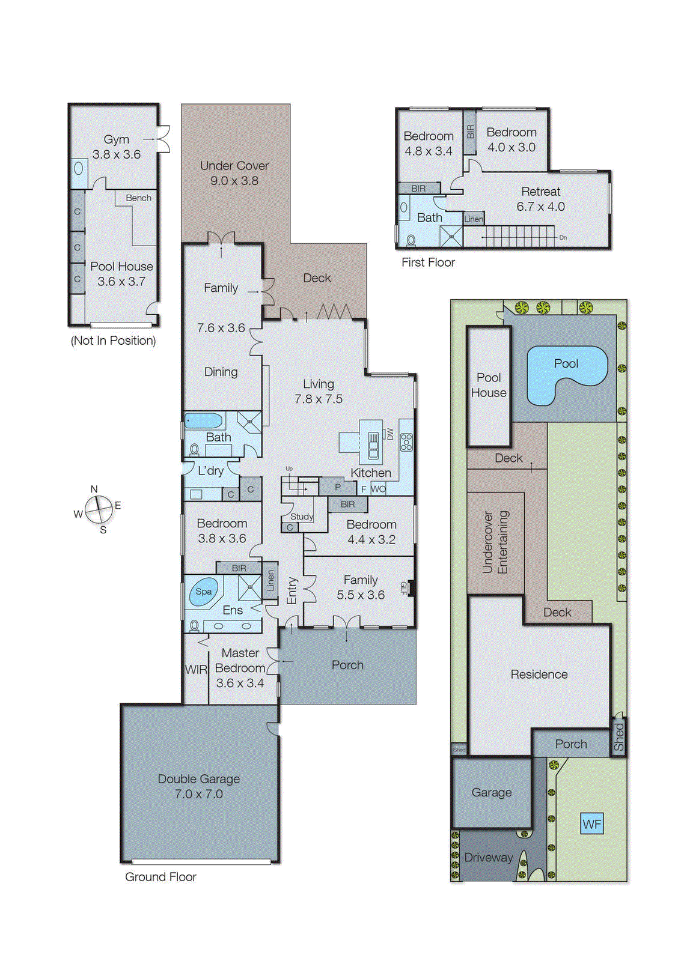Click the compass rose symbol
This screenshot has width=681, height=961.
[x=99, y=509]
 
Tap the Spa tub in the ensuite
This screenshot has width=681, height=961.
[x=203, y=592]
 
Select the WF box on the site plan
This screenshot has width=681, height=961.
[x=591, y=823]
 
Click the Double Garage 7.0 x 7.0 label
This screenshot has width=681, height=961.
[x=199, y=786]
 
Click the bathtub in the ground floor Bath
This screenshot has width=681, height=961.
[x=204, y=420]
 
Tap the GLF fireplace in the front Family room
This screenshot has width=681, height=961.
[x=411, y=588]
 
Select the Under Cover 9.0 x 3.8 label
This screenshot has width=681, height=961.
[x=234, y=173]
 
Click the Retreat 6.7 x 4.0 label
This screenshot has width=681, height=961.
[x=540, y=199]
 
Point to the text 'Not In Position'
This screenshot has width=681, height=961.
[x=114, y=341]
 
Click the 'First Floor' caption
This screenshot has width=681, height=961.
[x=428, y=262]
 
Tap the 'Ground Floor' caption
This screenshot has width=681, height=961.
[x=160, y=877]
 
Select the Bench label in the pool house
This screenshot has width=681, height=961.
[x=138, y=198]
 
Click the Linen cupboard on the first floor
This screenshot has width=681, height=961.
[x=473, y=219]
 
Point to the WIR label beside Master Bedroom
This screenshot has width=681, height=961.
[x=196, y=670]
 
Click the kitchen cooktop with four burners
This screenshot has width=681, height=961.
[x=406, y=442]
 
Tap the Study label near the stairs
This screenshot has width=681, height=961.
[x=302, y=517]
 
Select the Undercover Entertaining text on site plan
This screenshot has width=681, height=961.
[x=495, y=542]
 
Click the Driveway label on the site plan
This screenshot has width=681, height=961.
[x=488, y=857]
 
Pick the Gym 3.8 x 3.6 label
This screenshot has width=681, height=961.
[x=117, y=147]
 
